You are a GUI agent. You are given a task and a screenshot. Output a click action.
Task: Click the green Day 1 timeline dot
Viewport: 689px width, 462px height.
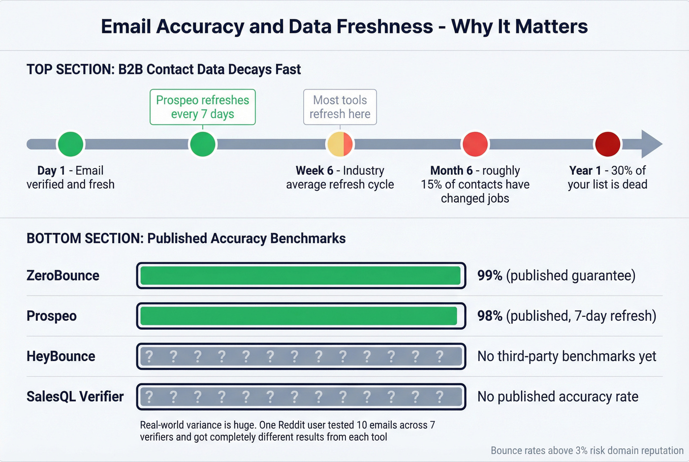coord(70,144)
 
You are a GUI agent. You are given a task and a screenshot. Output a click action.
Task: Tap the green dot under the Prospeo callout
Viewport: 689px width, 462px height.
coord(202,144)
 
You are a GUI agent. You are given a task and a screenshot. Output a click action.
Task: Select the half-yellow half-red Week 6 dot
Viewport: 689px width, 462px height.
coord(340,144)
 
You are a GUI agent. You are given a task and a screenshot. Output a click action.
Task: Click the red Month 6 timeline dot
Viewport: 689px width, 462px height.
coord(475,144)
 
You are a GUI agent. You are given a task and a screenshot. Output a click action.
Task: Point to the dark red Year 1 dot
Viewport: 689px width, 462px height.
coord(607,144)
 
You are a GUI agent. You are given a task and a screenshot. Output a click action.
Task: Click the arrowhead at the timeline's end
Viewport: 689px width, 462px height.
coord(651,144)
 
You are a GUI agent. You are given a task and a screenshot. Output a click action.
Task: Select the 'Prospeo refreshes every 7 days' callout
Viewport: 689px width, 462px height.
coord(202,107)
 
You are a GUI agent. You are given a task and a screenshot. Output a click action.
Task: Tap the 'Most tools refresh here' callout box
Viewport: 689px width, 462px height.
coord(340,107)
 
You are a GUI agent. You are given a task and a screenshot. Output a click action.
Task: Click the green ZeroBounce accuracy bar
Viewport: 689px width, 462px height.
coord(301,276)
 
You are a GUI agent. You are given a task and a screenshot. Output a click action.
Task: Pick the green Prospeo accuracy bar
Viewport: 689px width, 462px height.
coord(299,316)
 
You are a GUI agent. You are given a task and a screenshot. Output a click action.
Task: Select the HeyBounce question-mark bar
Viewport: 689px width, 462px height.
coord(301,356)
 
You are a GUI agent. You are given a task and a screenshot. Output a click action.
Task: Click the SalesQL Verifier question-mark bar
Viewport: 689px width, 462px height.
coord(301,397)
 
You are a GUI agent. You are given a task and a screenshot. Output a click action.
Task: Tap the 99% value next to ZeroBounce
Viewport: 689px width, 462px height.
coord(490,276)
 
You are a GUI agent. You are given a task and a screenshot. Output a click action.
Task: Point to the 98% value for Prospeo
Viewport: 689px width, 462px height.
coord(490,316)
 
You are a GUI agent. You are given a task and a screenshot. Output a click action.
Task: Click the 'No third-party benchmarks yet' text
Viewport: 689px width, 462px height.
coord(566,356)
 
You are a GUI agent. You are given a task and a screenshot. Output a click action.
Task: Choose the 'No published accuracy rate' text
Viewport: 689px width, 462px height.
coord(558,397)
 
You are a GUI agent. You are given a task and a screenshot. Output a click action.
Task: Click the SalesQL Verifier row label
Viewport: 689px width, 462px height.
coord(75,397)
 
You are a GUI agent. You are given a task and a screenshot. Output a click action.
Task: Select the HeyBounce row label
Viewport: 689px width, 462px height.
coord(61,356)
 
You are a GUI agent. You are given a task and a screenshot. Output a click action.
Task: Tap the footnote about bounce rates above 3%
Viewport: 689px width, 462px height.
coord(587,451)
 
